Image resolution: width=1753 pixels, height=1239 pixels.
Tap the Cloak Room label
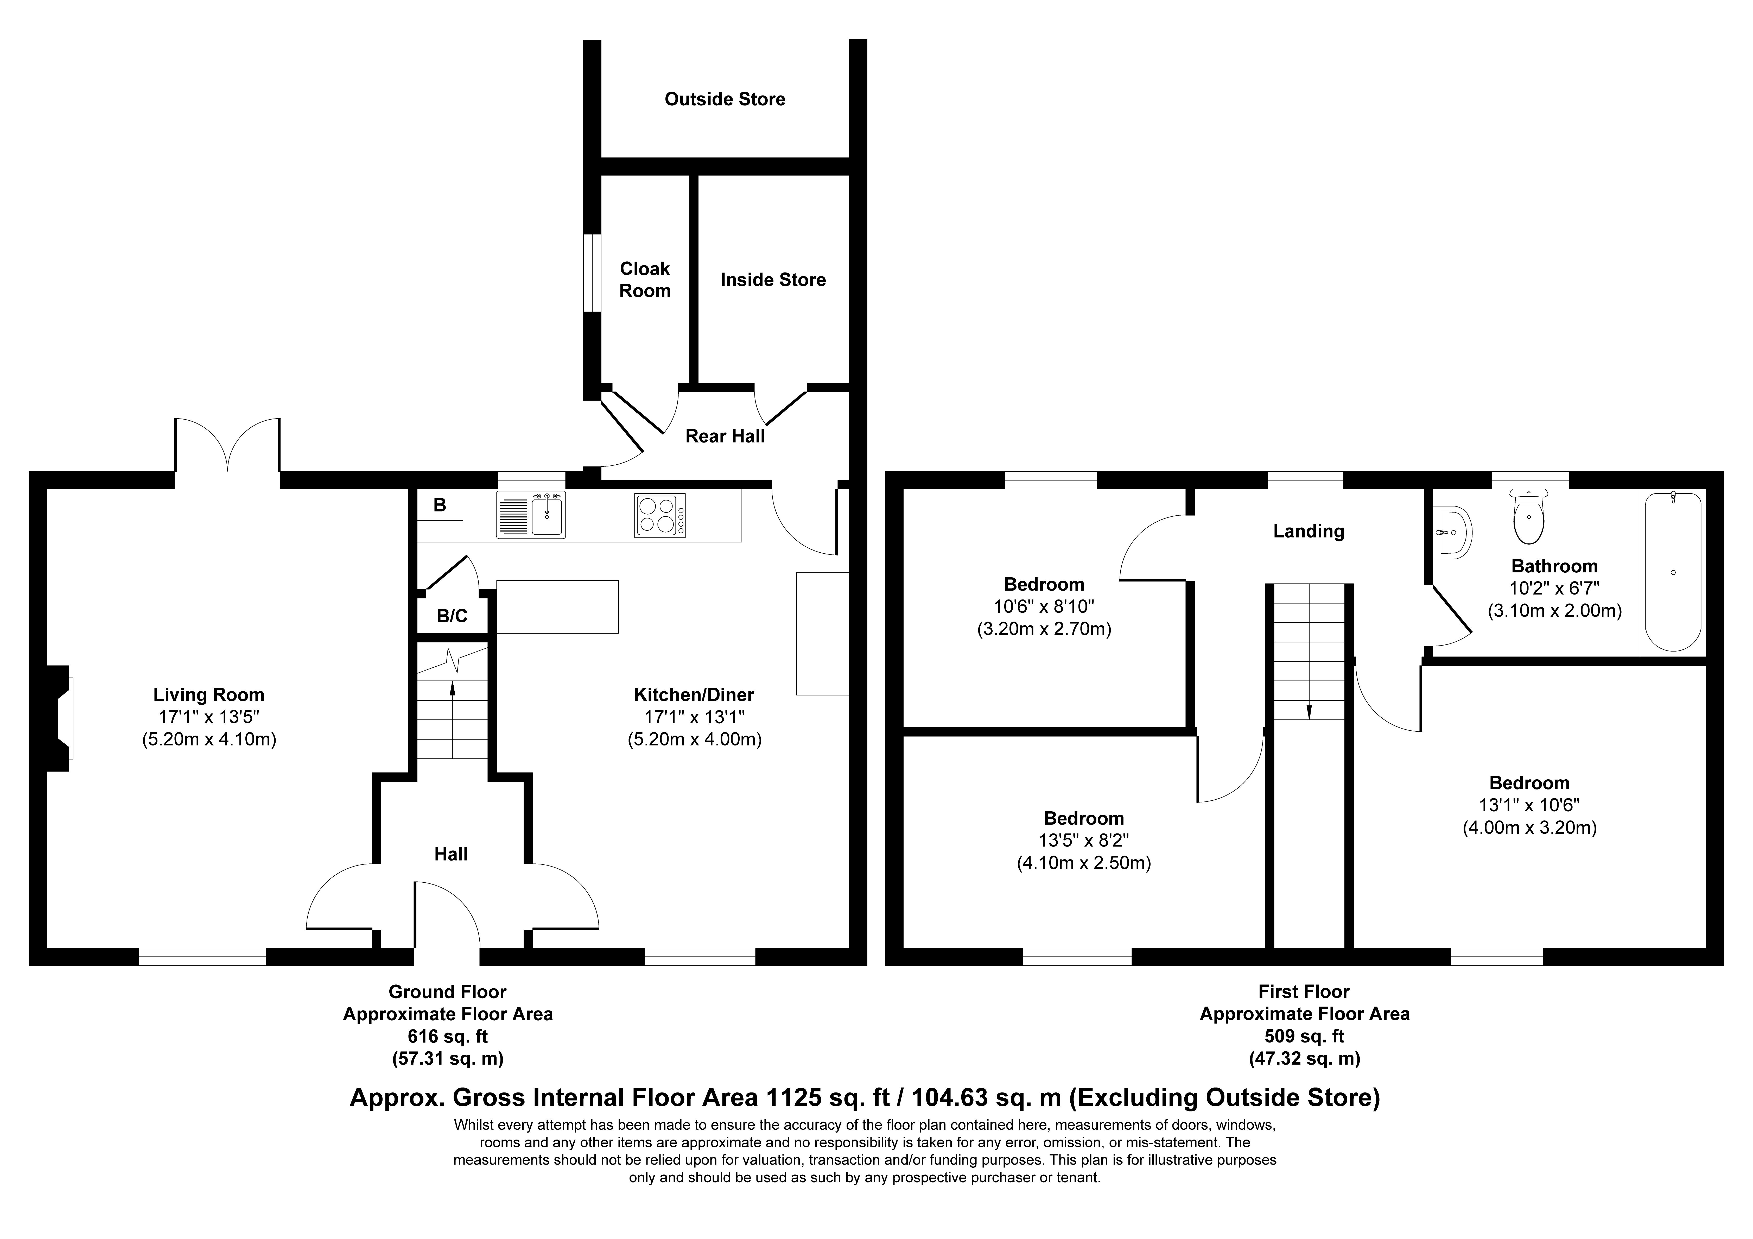point(644,280)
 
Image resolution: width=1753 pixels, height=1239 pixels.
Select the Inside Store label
point(773,280)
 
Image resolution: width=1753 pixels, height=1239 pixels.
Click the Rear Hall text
point(725,436)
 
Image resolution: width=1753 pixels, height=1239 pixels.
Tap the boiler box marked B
point(440,505)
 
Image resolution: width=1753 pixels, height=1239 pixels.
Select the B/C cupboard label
point(452,616)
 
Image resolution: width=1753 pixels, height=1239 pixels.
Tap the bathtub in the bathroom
point(1672,571)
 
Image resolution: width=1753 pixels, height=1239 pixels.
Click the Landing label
point(1308,531)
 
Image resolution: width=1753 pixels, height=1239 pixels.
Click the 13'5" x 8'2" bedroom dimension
point(1083,840)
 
